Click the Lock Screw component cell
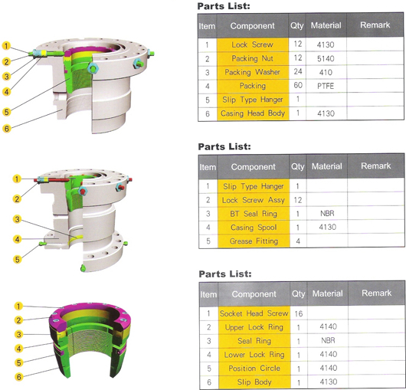253,44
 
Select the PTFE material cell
326,86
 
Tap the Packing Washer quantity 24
297,72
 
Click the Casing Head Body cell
253,113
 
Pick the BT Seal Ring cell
254,214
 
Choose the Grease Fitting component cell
254,241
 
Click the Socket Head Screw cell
254,313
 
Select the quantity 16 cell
299,314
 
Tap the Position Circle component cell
254,369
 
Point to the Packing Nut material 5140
326,58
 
